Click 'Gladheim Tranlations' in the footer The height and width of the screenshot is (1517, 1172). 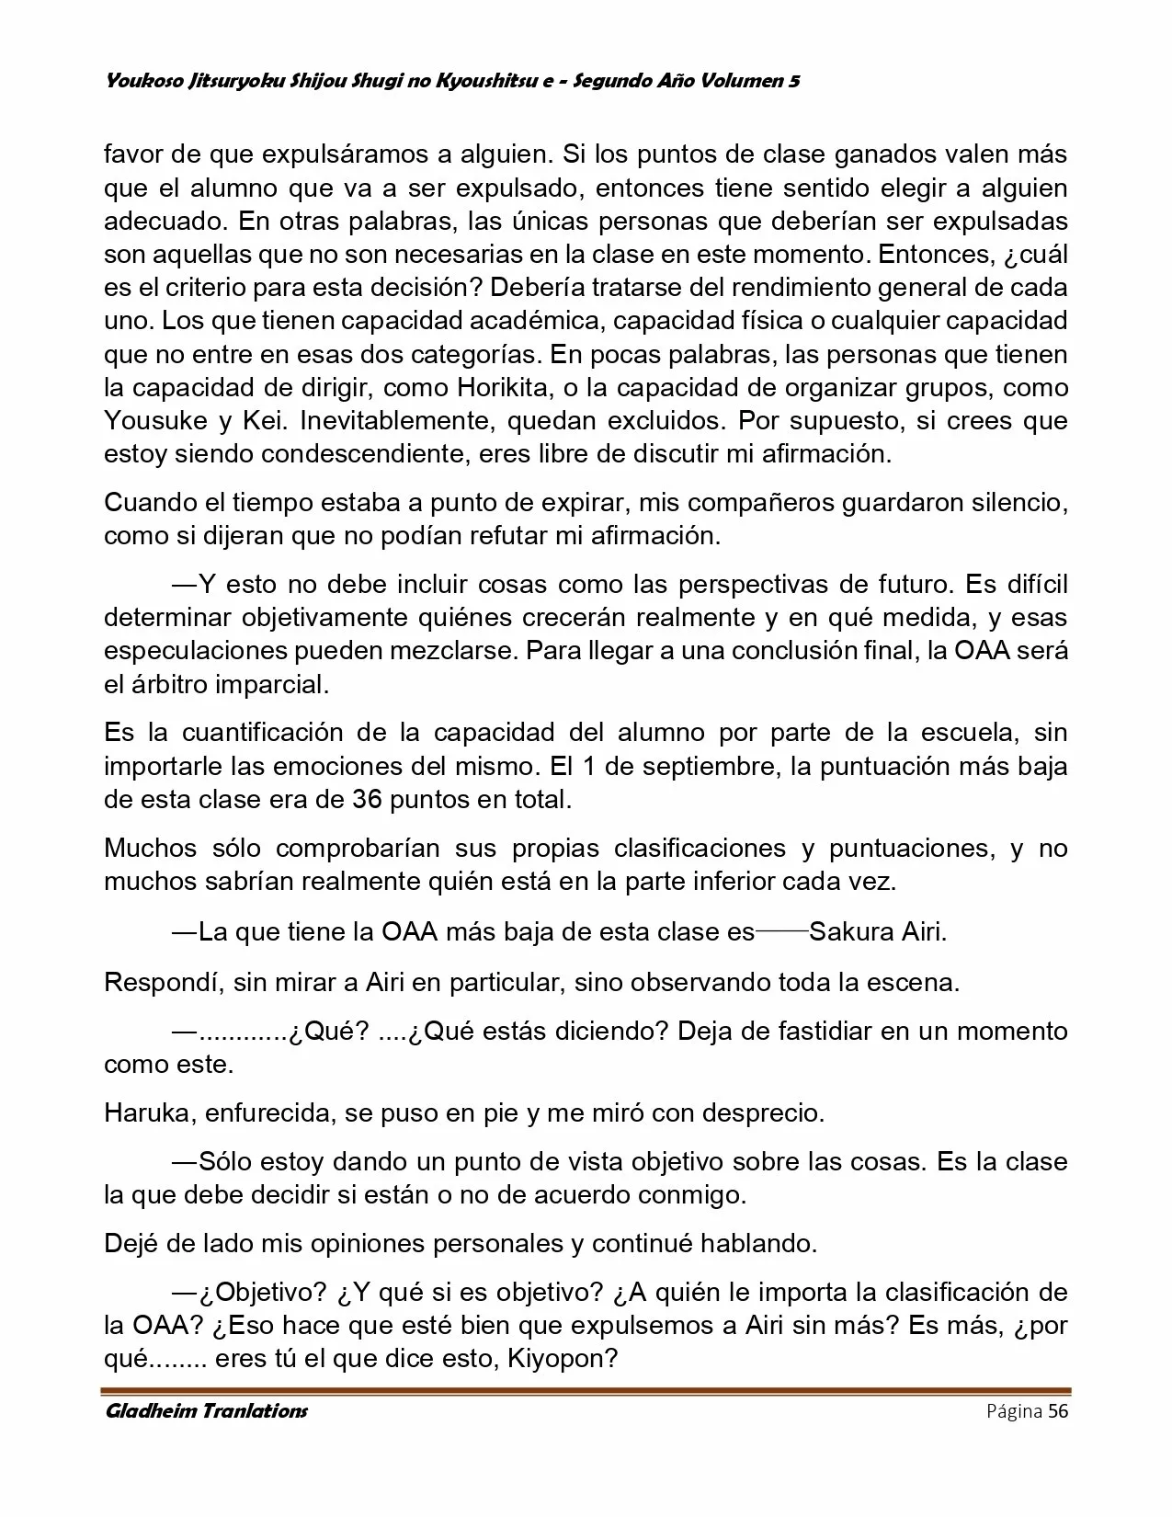pyautogui.click(x=206, y=1410)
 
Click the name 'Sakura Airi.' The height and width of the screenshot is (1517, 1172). pyautogui.click(x=878, y=932)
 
